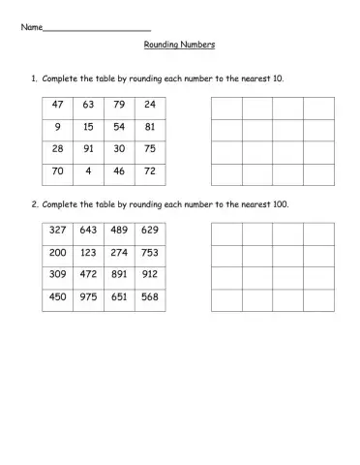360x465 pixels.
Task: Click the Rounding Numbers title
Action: [179, 45]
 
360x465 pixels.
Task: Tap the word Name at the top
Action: [32, 26]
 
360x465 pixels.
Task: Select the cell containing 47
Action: [57, 106]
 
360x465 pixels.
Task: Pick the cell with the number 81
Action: [149, 128]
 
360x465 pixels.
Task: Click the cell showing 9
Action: [57, 128]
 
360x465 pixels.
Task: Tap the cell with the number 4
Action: [88, 172]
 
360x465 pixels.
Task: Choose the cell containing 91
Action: [88, 150]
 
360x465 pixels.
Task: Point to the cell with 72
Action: [149, 172]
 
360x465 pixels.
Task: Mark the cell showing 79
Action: [118, 106]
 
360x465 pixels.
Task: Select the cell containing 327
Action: [57, 232]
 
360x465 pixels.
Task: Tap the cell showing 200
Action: [57, 255]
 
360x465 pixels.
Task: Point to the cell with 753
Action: [149, 255]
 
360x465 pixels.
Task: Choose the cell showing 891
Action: [118, 277]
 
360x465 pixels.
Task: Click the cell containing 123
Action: [88, 255]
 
